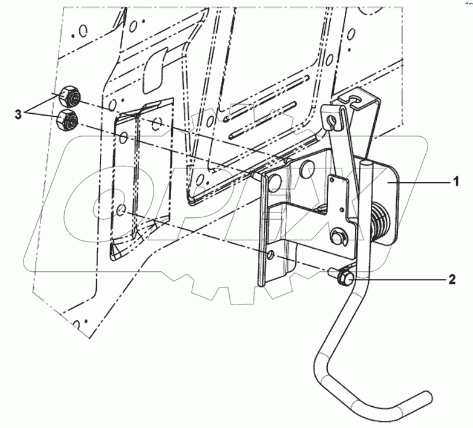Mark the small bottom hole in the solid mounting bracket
[x=271, y=254]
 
